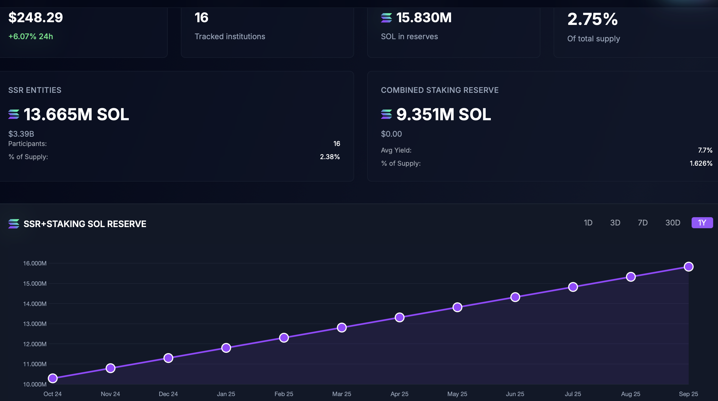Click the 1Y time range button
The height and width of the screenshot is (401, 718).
[702, 223]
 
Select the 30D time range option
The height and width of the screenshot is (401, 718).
[673, 223]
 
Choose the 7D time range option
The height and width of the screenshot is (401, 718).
[642, 223]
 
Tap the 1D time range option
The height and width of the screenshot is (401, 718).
[588, 223]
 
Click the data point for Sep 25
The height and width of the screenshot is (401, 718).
[688, 267]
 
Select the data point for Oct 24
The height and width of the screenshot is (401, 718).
[53, 378]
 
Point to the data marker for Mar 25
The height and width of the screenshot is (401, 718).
[342, 327]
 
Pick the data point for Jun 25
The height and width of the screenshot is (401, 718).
[515, 297]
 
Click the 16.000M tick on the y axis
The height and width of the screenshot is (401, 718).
[35, 263]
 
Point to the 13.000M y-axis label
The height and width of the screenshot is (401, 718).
[35, 324]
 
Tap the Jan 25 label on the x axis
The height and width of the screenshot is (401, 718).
[226, 394]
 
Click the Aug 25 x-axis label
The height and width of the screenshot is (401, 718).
[631, 394]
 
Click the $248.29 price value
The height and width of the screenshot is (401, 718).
[36, 18]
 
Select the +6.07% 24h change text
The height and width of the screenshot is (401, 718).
[31, 36]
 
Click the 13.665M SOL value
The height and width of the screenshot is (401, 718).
[76, 114]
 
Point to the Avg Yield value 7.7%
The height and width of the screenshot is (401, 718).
[705, 150]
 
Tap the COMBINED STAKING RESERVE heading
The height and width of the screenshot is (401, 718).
[440, 90]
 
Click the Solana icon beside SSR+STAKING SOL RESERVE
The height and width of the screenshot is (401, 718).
[14, 224]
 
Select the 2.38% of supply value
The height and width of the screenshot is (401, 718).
[330, 157]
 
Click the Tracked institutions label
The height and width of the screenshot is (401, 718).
[230, 36]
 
